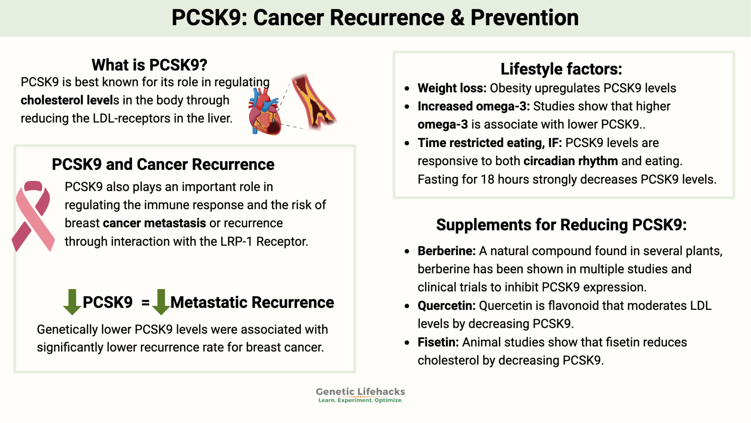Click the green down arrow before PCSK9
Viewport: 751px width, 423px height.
click(72, 302)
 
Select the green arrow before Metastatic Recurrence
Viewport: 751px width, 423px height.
click(161, 302)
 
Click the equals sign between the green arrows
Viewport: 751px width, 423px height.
click(146, 303)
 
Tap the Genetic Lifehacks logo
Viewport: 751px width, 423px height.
click(360, 395)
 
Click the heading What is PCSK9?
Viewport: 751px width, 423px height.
click(149, 65)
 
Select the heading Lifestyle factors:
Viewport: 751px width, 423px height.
click(561, 69)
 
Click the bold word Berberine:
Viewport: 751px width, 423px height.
click(446, 251)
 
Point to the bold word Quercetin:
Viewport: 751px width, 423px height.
click(446, 305)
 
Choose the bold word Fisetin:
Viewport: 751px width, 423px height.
click(438, 342)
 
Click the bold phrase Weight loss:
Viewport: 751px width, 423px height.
click(452, 88)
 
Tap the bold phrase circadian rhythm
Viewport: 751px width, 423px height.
click(570, 161)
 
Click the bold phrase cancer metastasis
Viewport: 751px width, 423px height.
click(154, 223)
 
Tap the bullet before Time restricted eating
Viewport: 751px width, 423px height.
click(407, 143)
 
